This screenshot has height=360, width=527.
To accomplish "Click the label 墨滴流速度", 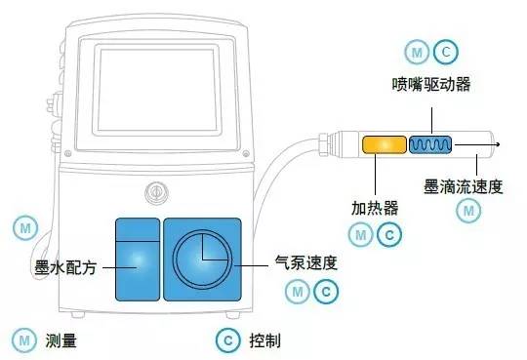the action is click(464, 184).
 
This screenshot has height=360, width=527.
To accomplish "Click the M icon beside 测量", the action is click(23, 340).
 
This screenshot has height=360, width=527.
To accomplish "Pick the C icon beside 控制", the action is click(226, 340).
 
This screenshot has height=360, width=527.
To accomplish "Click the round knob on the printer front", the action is click(152, 190).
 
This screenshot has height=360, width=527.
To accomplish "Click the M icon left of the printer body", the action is click(23, 227).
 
